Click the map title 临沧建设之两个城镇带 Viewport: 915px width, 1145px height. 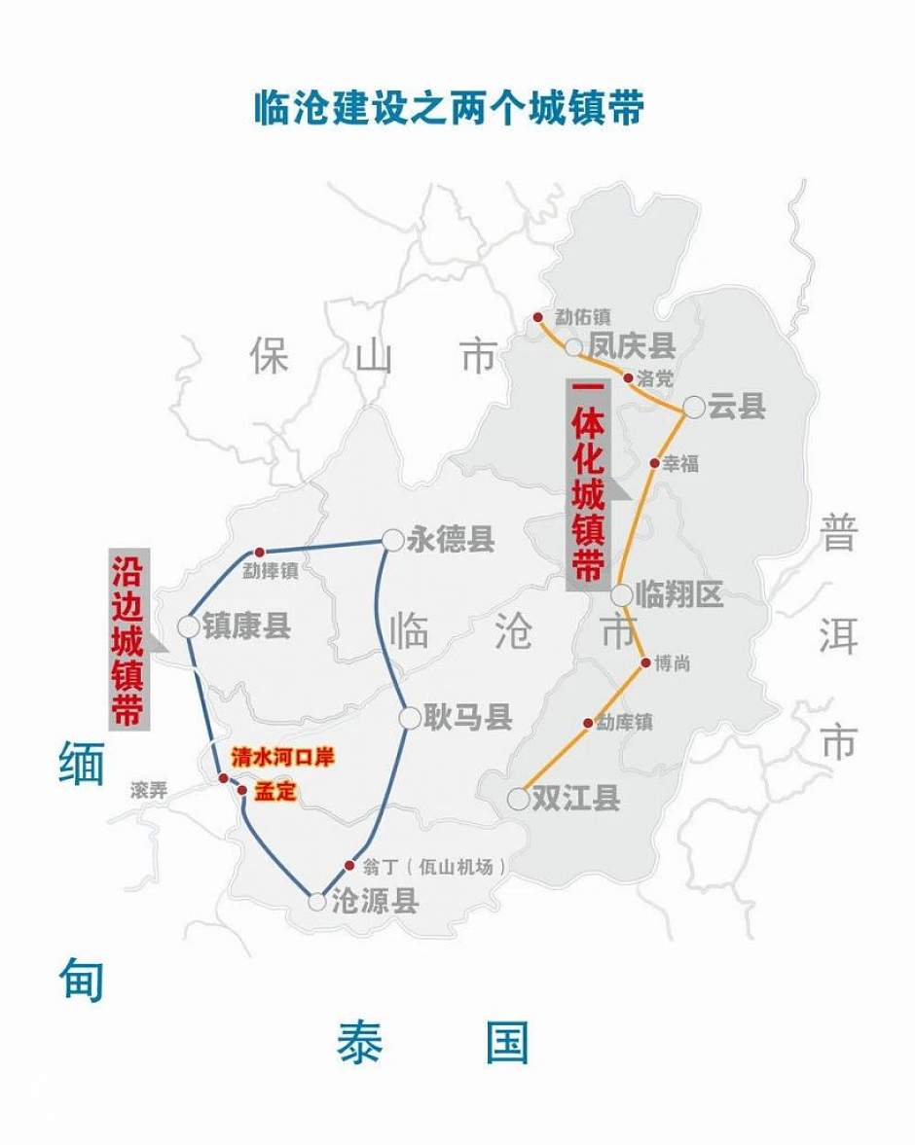pos(449,108)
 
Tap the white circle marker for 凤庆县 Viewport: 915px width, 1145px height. pos(573,347)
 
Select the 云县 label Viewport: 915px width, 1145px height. pos(737,407)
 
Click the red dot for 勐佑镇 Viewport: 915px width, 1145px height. pos(537,317)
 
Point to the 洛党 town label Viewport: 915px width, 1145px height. pos(655,378)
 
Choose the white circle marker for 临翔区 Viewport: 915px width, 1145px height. pos(622,595)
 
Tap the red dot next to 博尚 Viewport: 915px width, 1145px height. pos(644,662)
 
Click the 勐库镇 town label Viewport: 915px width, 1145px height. pos(624,723)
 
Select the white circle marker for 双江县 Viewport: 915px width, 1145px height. pos(519,800)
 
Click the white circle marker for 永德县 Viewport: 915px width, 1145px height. pos(392,540)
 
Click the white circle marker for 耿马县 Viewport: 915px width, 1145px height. pos(410,718)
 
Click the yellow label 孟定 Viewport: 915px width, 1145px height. pos(274,792)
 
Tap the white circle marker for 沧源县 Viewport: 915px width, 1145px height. pos(316,902)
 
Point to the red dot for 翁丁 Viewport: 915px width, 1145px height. pos(349,865)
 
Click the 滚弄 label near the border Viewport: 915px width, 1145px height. pos(148,791)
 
